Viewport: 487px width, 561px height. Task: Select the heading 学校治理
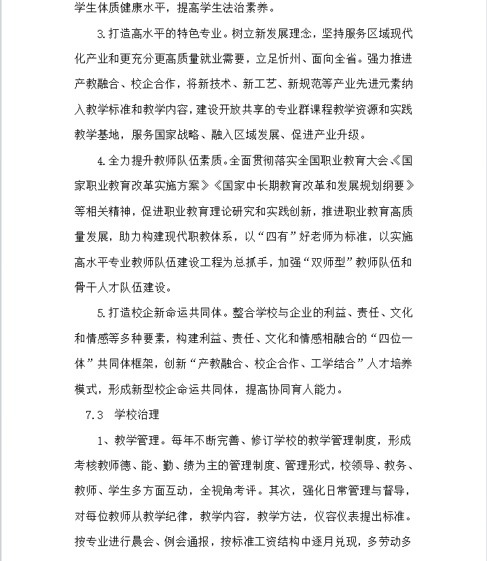click(137, 414)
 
